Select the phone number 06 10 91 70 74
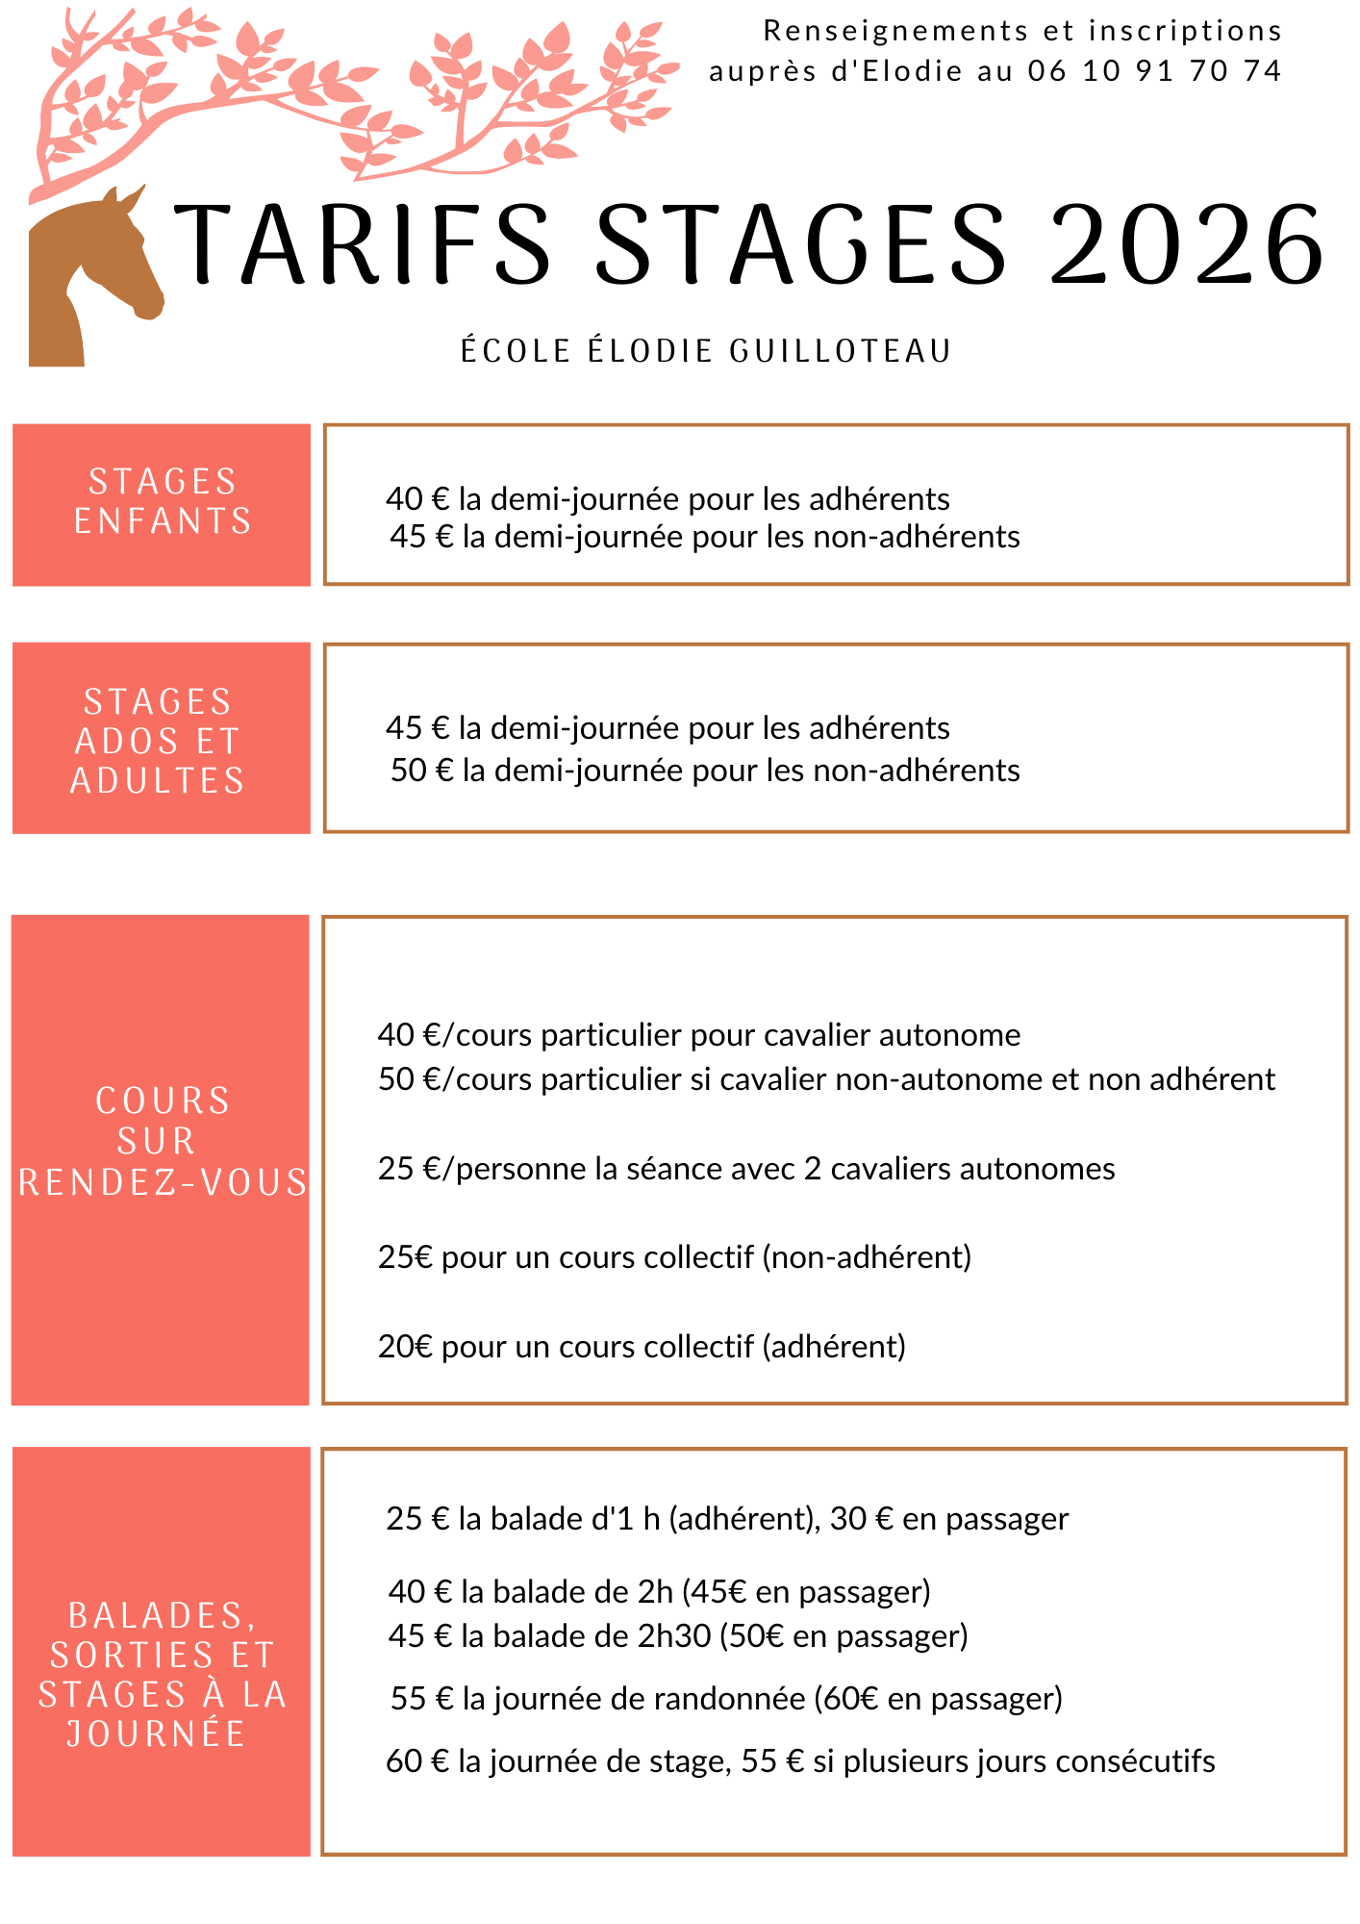(1154, 71)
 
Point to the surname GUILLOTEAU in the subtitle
(841, 351)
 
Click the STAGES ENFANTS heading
(163, 501)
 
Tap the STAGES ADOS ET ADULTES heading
(159, 741)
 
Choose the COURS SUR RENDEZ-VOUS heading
(162, 1142)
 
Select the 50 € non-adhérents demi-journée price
(421, 771)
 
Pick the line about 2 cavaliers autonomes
(746, 1169)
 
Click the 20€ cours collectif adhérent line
(642, 1347)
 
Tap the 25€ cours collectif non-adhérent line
(674, 1257)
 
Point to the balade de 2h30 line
(678, 1636)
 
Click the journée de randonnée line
(726, 1699)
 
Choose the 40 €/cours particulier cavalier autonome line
(699, 1035)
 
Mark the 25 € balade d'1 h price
(417, 1519)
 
